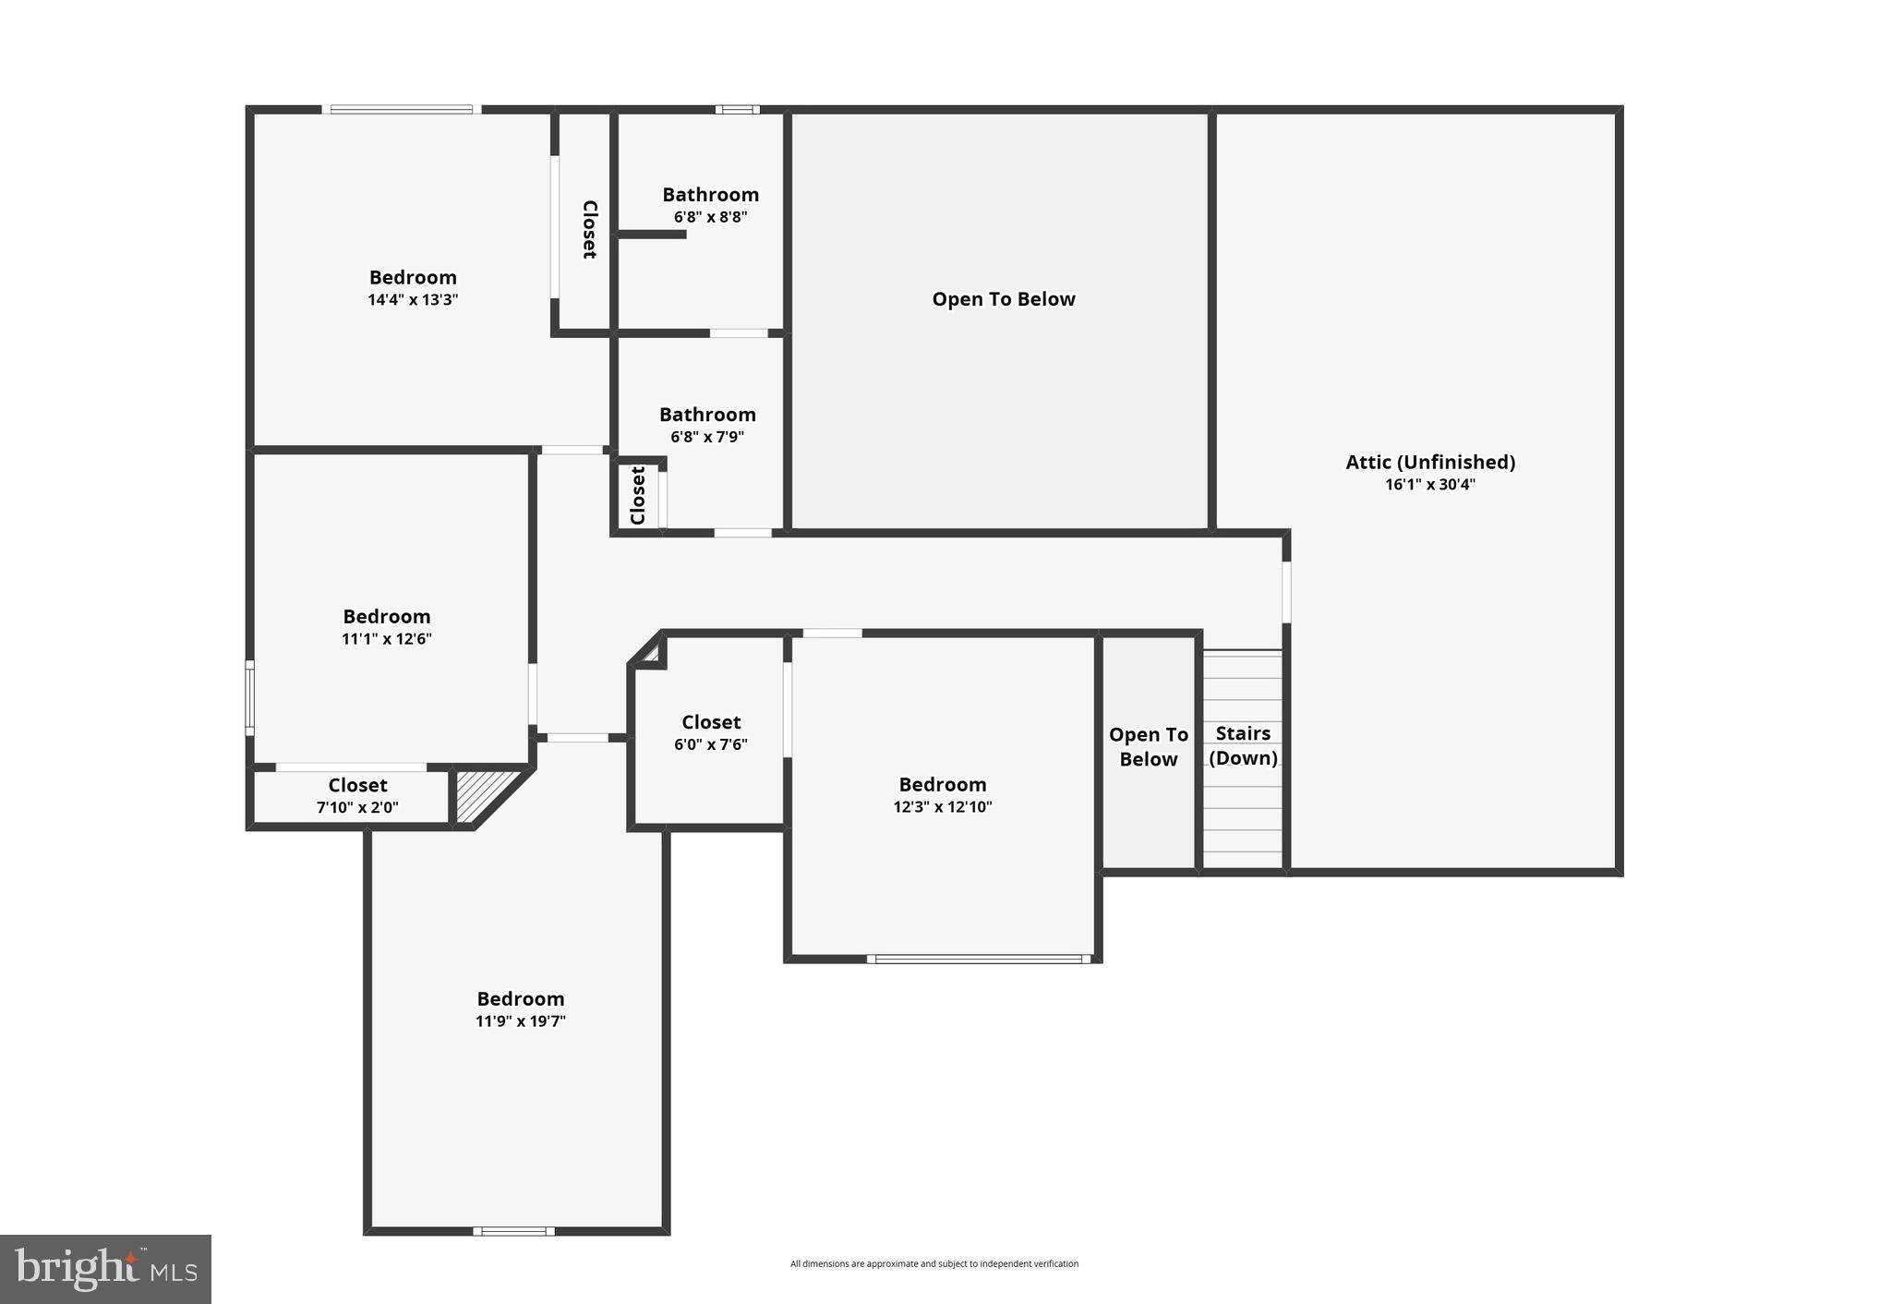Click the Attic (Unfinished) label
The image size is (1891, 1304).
pyautogui.click(x=1429, y=462)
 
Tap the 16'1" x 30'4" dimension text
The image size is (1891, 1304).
pyautogui.click(x=1429, y=485)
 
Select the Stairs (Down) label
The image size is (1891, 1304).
pyautogui.click(x=1243, y=745)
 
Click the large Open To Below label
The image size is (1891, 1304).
pyautogui.click(x=1003, y=299)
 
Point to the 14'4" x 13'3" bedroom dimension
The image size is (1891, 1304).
pyautogui.click(x=413, y=300)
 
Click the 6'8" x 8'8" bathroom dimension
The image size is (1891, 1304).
pyautogui.click(x=710, y=217)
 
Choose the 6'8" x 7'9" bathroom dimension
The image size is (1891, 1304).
pyautogui.click(x=707, y=437)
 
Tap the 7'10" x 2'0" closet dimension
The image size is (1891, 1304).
pyautogui.click(x=357, y=807)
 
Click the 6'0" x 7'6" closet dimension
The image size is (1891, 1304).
pyautogui.click(x=711, y=744)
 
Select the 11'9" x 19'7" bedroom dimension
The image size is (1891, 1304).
pyautogui.click(x=521, y=1021)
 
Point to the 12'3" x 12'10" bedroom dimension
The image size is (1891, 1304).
pyautogui.click(x=943, y=806)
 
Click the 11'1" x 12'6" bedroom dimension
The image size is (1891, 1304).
pyautogui.click(x=387, y=639)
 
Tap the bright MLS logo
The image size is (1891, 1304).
pyautogui.click(x=105, y=1269)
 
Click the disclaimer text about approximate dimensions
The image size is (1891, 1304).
pyautogui.click(x=933, y=1263)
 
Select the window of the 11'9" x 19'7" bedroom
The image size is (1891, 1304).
pyautogui.click(x=514, y=1230)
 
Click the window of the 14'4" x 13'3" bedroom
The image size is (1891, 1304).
pyautogui.click(x=402, y=110)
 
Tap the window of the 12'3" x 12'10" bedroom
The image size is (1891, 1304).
pyautogui.click(x=979, y=959)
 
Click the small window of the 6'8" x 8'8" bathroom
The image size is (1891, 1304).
pyautogui.click(x=737, y=110)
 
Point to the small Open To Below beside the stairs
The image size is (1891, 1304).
pyautogui.click(x=1148, y=746)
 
